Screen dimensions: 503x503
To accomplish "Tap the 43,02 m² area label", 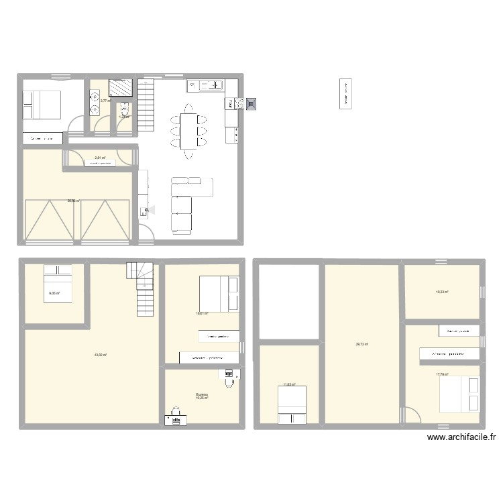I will pyautogui.click(x=101, y=355).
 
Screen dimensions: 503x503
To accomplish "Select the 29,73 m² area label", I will pyautogui.click(x=361, y=344).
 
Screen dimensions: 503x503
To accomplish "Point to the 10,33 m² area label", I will pyautogui.click(x=442, y=292).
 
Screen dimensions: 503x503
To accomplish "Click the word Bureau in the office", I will pyautogui.click(x=201, y=394).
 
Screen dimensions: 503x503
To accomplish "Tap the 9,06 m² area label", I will pyautogui.click(x=54, y=293).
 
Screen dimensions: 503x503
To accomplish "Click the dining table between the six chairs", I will pyautogui.click(x=188, y=131).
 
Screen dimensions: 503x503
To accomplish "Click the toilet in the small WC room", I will pyautogui.click(x=124, y=109).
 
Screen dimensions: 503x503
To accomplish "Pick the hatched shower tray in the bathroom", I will pyautogui.click(x=121, y=89).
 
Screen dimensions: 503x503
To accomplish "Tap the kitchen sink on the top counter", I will pyautogui.click(x=213, y=85).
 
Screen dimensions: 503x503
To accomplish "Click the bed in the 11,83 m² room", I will pyautogui.click(x=292, y=405).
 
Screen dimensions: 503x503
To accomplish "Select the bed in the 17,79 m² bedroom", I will pyautogui.click(x=460, y=394).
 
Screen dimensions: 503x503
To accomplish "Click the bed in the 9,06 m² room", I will pyautogui.click(x=58, y=283).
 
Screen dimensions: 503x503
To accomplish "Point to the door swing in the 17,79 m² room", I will pyautogui.click(x=412, y=415).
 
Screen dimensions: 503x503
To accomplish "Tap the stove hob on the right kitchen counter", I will pyautogui.click(x=238, y=103).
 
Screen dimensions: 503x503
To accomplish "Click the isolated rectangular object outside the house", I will pyautogui.click(x=346, y=94).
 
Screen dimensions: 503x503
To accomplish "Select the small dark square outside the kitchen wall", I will pyautogui.click(x=251, y=104).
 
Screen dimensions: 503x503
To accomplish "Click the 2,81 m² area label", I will pyautogui.click(x=100, y=158).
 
